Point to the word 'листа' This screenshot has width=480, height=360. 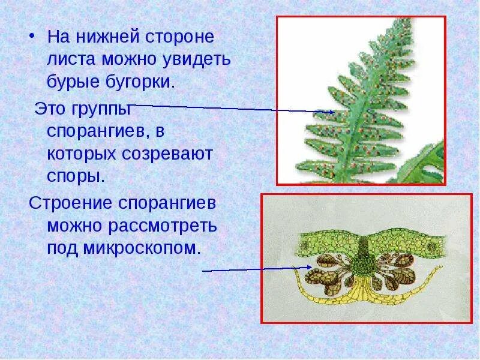(73, 59)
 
